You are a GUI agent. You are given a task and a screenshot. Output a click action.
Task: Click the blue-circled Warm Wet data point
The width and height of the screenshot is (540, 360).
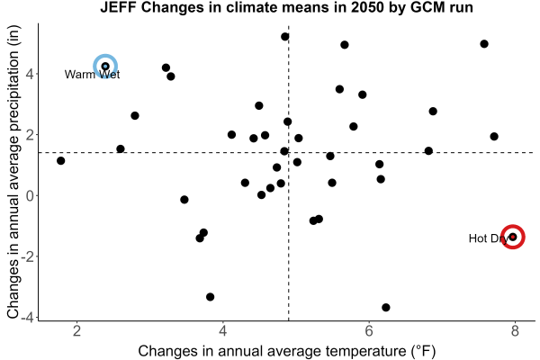pos(105,66)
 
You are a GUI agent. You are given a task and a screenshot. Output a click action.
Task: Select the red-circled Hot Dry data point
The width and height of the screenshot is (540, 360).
pos(513,237)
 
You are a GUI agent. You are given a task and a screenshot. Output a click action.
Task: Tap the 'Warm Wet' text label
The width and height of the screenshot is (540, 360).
pos(92,75)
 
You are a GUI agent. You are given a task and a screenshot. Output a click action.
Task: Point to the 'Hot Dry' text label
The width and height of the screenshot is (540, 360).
pos(489,238)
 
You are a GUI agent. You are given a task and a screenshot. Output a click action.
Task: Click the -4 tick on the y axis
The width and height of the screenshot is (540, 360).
pos(28,317)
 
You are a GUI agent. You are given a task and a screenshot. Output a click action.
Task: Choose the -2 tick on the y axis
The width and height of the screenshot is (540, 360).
pos(28,256)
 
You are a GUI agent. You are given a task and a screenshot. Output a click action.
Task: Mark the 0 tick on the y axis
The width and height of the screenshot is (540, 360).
pos(31,195)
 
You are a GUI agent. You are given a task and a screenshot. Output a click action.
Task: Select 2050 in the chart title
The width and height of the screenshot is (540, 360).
pos(367,7)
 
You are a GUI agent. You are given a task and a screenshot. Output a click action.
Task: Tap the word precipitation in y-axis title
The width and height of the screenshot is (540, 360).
pos(13,94)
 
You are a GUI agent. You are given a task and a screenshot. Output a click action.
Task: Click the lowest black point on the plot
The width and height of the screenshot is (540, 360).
pos(386,307)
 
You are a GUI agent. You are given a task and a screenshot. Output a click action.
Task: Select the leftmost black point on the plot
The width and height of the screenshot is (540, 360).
pos(60,160)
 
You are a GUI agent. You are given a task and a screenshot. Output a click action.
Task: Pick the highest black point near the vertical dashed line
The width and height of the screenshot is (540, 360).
pos(284,37)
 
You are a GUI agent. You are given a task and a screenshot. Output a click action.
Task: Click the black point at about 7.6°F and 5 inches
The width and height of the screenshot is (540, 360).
pos(484,44)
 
